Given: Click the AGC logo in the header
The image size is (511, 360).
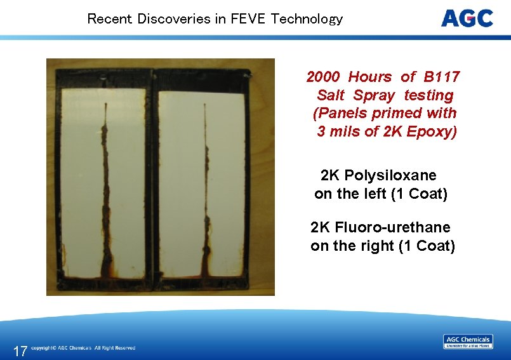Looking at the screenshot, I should click(467, 18).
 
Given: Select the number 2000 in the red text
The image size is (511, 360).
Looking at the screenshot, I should click(323, 77).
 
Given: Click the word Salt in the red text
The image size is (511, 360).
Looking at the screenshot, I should click(331, 96).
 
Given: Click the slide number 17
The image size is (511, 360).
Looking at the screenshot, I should click(20, 350).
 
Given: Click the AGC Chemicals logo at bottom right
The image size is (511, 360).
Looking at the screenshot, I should click(468, 342).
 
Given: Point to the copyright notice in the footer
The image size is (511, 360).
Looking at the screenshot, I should click(83, 348).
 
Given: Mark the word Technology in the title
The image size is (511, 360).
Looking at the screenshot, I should click(307, 19).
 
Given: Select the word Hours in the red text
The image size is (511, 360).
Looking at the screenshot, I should click(370, 77).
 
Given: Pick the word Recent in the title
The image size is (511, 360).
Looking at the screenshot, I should click(106, 19).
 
